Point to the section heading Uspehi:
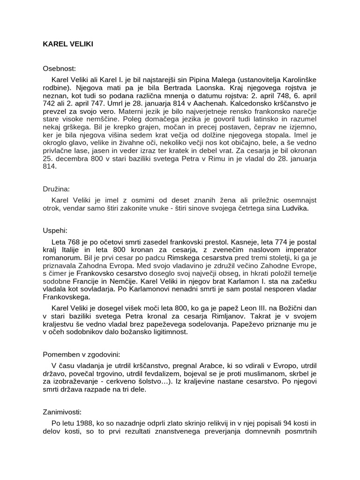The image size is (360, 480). [55, 231]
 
